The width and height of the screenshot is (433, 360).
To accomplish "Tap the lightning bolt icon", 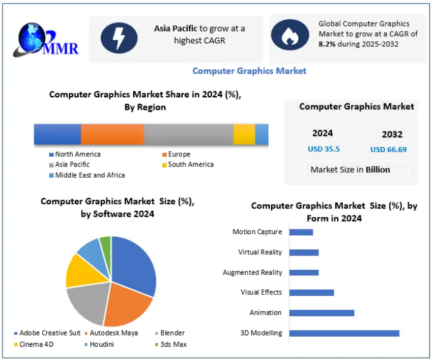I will [x=119, y=38].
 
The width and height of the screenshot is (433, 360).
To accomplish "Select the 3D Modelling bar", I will [x=344, y=333].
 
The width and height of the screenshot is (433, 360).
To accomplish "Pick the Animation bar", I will [x=322, y=313].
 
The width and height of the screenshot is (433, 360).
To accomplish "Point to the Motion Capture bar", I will [x=301, y=232].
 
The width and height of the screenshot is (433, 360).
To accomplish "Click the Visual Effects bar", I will [x=311, y=292].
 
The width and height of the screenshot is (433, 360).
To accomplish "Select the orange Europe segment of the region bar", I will [x=112, y=134].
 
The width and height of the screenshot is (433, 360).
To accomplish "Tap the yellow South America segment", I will [x=244, y=134].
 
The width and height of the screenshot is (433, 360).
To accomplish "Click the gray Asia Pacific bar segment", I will [x=188, y=134].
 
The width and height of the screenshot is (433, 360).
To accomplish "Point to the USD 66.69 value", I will [x=388, y=150].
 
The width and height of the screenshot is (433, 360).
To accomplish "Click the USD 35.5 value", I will [x=324, y=149].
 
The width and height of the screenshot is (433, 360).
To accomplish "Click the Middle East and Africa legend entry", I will [x=90, y=175].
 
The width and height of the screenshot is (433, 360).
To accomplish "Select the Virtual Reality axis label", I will [x=259, y=252].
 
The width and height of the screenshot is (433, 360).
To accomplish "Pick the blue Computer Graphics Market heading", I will [x=249, y=71].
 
